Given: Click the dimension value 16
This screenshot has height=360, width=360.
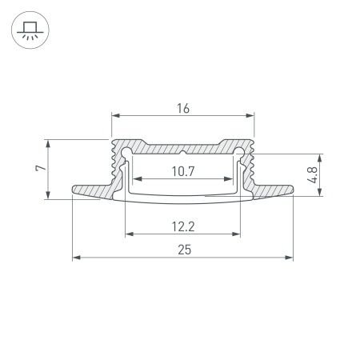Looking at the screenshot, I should pyautogui.click(x=182, y=104).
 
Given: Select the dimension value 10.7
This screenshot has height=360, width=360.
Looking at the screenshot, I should pyautogui.click(x=182, y=170).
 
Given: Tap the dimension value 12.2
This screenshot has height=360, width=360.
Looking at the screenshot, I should pyautogui.click(x=182, y=226).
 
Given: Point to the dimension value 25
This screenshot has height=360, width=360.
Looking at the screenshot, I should pyautogui.click(x=182, y=250).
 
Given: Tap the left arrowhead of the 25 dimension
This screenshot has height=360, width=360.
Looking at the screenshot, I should pyautogui.click(x=76, y=258).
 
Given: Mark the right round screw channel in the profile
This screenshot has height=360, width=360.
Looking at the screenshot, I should pyautogui.click(x=239, y=152).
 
